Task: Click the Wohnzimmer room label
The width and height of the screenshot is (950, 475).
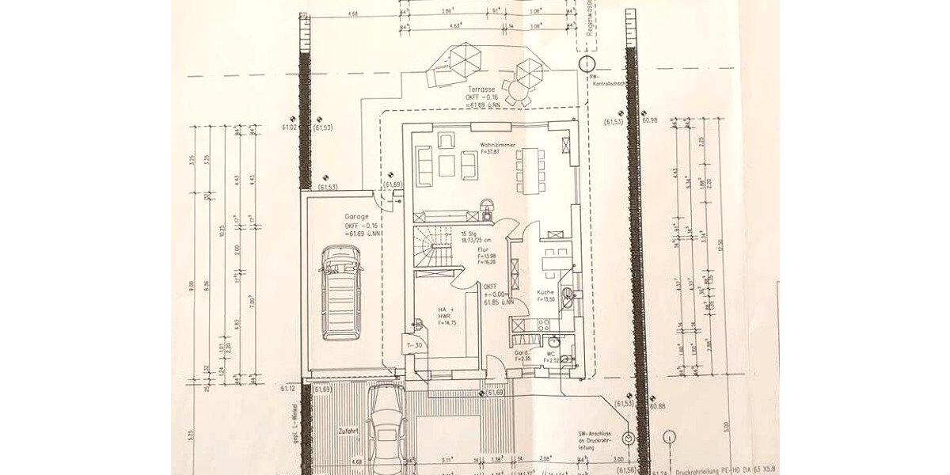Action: click(x=498, y=146)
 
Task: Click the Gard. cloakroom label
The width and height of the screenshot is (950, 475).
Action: click(x=521, y=351)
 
